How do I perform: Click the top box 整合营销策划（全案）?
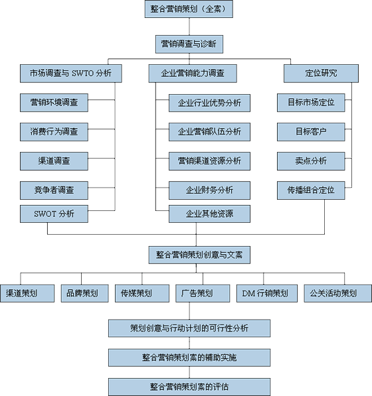pos(189,9)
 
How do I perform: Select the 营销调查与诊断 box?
pos(189,44)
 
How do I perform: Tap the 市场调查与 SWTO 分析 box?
pos(71,74)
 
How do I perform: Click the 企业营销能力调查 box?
pos(193,74)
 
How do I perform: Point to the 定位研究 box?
pos(321,74)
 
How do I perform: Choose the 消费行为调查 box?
pos(54,132)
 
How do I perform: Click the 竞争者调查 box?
pos(54,190)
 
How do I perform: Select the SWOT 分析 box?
pos(54,214)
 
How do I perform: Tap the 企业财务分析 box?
pos(209,190)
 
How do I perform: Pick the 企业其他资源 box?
pos(209,214)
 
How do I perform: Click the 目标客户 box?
pos(311,132)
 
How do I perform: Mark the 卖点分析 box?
pos(311,161)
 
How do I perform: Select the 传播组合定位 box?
pos(311,190)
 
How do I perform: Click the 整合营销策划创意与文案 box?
pos(199,255)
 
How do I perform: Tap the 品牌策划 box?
pos(85,293)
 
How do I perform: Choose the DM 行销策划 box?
pos(267,293)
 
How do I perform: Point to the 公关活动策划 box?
pos(337,293)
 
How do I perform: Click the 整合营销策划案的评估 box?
pos(189,387)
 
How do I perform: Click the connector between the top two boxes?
pos(189,27)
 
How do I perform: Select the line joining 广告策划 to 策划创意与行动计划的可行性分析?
pos(189,311)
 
